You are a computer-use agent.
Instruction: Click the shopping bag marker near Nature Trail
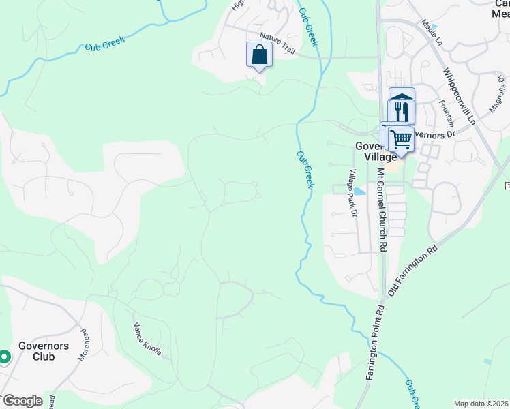point(259,54)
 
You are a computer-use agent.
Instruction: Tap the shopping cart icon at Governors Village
point(401,139)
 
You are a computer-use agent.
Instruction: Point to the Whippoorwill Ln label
point(457,95)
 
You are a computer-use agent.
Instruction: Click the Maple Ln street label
point(431,32)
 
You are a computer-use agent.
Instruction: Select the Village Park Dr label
point(353,193)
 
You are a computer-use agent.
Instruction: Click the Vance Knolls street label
point(147,339)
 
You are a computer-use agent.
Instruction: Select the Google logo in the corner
point(22,401)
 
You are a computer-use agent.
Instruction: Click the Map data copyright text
point(481,404)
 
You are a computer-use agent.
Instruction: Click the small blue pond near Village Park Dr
point(359,192)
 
